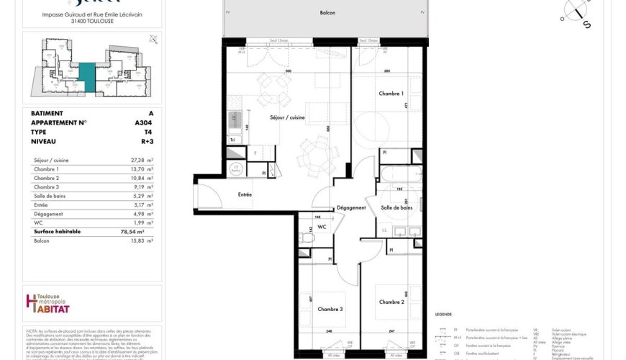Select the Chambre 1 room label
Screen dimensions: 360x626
391,94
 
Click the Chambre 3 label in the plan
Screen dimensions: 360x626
330,309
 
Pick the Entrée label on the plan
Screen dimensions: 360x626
245,194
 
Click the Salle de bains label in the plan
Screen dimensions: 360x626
396,207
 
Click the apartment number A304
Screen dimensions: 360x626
143,122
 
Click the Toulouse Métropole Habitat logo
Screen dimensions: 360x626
47,305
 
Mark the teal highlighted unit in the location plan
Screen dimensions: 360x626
86,76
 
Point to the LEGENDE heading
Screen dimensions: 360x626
444,315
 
